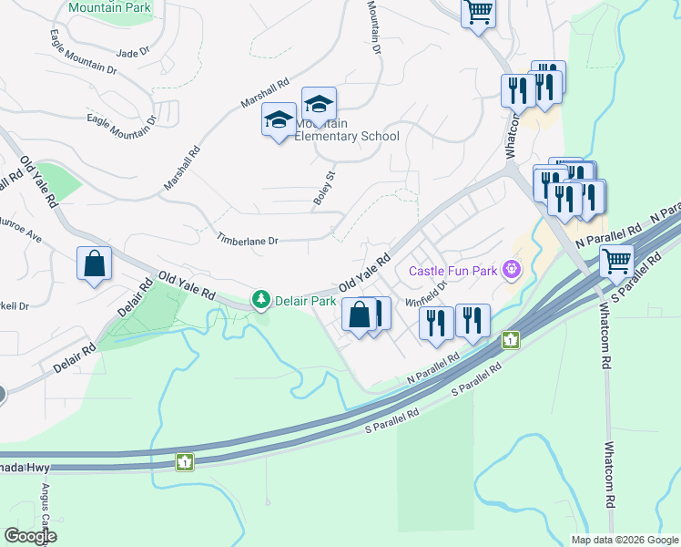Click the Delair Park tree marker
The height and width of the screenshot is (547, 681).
point(261,299)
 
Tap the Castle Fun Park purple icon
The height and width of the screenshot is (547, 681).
point(513,270)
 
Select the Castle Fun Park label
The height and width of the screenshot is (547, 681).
point(452,271)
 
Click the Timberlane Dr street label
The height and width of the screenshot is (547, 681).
point(246,240)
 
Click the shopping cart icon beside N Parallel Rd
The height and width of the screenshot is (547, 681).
point(617,262)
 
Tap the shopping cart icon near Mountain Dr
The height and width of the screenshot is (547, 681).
point(478,13)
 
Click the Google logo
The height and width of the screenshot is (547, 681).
point(30,535)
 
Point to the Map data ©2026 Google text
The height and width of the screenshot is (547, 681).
point(624,540)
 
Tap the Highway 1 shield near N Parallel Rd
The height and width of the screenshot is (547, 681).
point(512,340)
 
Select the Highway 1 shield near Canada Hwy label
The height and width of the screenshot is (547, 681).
point(184,461)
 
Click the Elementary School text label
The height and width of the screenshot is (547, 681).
point(347,137)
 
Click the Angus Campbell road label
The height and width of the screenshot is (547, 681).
point(43,506)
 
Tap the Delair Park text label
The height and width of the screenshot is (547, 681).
point(306,300)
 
